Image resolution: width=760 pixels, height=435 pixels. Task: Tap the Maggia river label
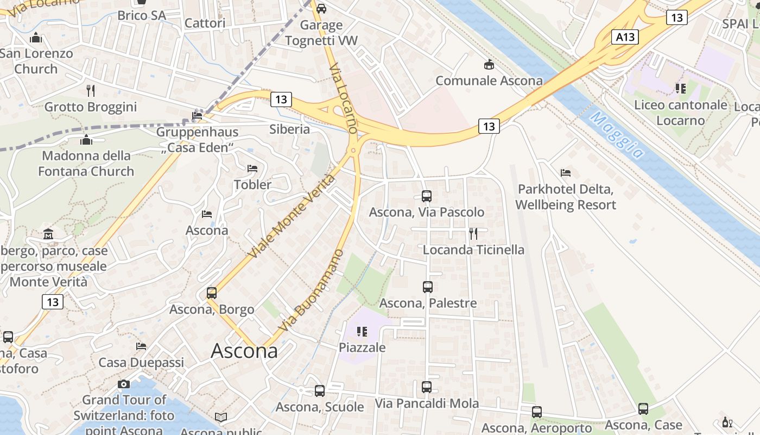pos(618,135)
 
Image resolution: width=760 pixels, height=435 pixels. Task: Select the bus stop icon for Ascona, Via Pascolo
pos(427,196)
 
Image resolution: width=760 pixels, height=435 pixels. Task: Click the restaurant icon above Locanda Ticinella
pos(473,234)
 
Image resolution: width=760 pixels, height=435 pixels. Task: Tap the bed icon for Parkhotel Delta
pos(566,173)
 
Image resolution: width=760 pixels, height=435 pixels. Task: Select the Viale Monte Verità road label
pos(292,216)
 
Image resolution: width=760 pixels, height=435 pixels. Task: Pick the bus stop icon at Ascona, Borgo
pos(212,293)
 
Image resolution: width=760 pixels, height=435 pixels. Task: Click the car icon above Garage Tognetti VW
pos(321,8)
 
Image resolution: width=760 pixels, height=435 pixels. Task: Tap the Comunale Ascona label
pos(489,81)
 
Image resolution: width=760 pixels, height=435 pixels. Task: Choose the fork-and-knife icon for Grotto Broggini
pos(91,90)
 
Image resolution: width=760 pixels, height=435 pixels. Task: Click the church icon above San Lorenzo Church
pos(36,38)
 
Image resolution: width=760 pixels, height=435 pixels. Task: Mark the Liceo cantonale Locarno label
pos(680,113)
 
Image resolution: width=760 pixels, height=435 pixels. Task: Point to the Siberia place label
pos(289,129)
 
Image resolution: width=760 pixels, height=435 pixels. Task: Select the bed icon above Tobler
pos(252,169)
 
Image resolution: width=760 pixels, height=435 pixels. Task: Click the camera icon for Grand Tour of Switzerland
pos(124,384)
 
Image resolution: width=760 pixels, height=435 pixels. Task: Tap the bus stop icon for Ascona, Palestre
pos(428,287)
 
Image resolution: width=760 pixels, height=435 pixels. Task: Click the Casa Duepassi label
pos(141,362)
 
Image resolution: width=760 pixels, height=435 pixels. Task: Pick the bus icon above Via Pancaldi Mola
pos(427,387)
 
